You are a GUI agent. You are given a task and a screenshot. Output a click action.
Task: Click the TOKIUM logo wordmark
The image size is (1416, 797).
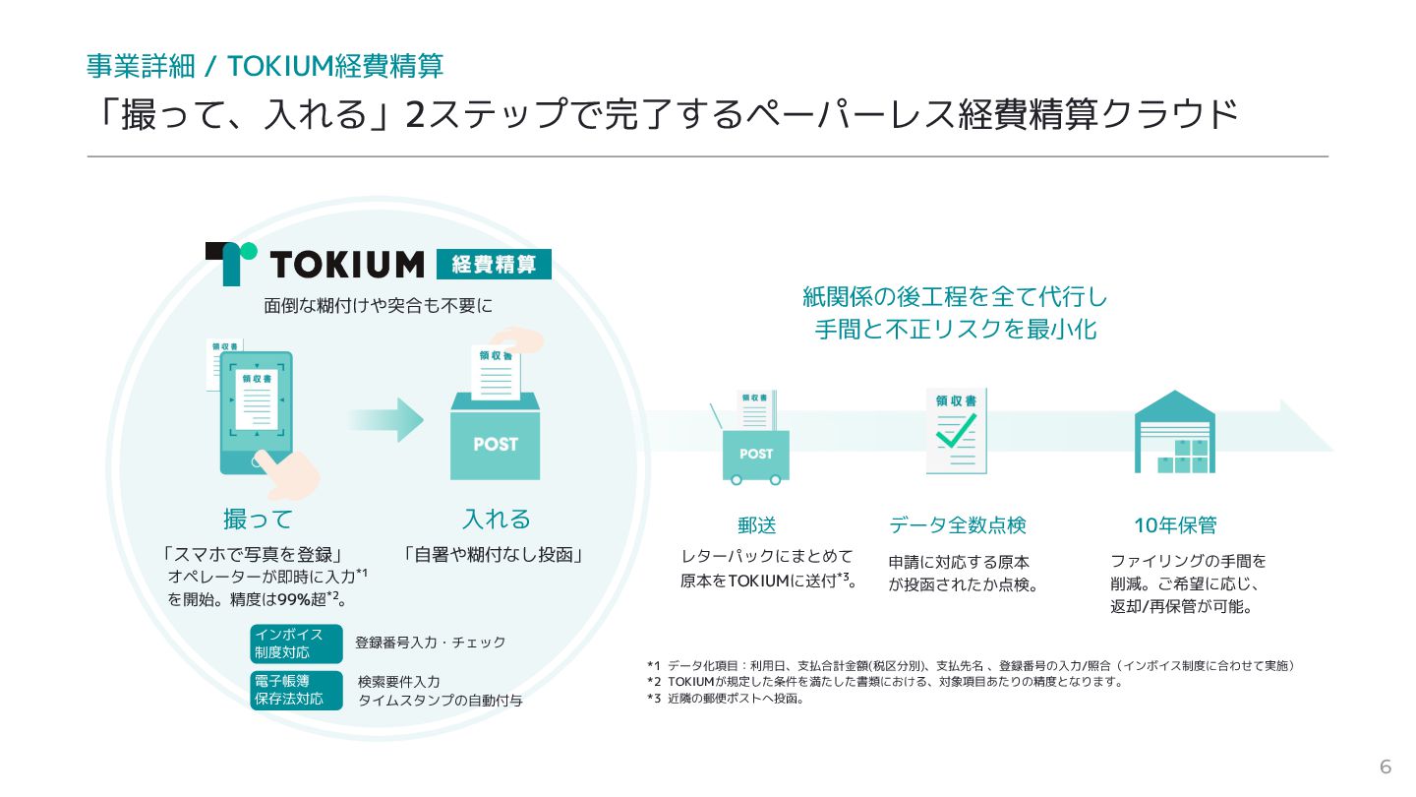click(346, 264)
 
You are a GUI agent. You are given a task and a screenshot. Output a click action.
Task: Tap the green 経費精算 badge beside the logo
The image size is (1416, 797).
click(494, 264)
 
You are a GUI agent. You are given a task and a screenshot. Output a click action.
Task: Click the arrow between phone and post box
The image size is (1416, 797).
click(385, 420)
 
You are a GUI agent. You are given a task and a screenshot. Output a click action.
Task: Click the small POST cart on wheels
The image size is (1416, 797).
click(755, 453)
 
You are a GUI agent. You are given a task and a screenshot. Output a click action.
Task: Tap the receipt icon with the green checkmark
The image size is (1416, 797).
click(956, 431)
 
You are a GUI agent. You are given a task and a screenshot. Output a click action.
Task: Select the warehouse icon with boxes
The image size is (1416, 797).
click(1174, 433)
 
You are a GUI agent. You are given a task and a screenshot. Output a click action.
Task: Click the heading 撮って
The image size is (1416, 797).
click(258, 519)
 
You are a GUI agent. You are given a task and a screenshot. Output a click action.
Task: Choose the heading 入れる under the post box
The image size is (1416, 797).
click(496, 519)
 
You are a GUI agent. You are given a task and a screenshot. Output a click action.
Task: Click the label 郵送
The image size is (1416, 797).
click(756, 525)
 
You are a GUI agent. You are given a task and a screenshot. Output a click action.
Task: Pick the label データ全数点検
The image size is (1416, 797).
click(957, 525)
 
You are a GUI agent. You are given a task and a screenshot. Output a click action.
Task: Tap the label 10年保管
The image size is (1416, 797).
click(1174, 525)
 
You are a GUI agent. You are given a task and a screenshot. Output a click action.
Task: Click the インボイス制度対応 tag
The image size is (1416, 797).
click(296, 644)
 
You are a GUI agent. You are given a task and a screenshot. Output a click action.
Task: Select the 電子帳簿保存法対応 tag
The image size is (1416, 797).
click(296, 690)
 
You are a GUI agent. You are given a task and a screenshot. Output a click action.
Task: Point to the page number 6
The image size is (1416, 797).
click(1386, 767)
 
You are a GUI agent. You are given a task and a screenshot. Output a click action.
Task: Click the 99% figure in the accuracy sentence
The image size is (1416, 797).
click(295, 599)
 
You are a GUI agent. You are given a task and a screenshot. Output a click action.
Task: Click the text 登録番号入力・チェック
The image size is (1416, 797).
click(430, 643)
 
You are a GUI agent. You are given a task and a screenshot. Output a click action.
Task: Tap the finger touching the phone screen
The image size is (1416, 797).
click(290, 472)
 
